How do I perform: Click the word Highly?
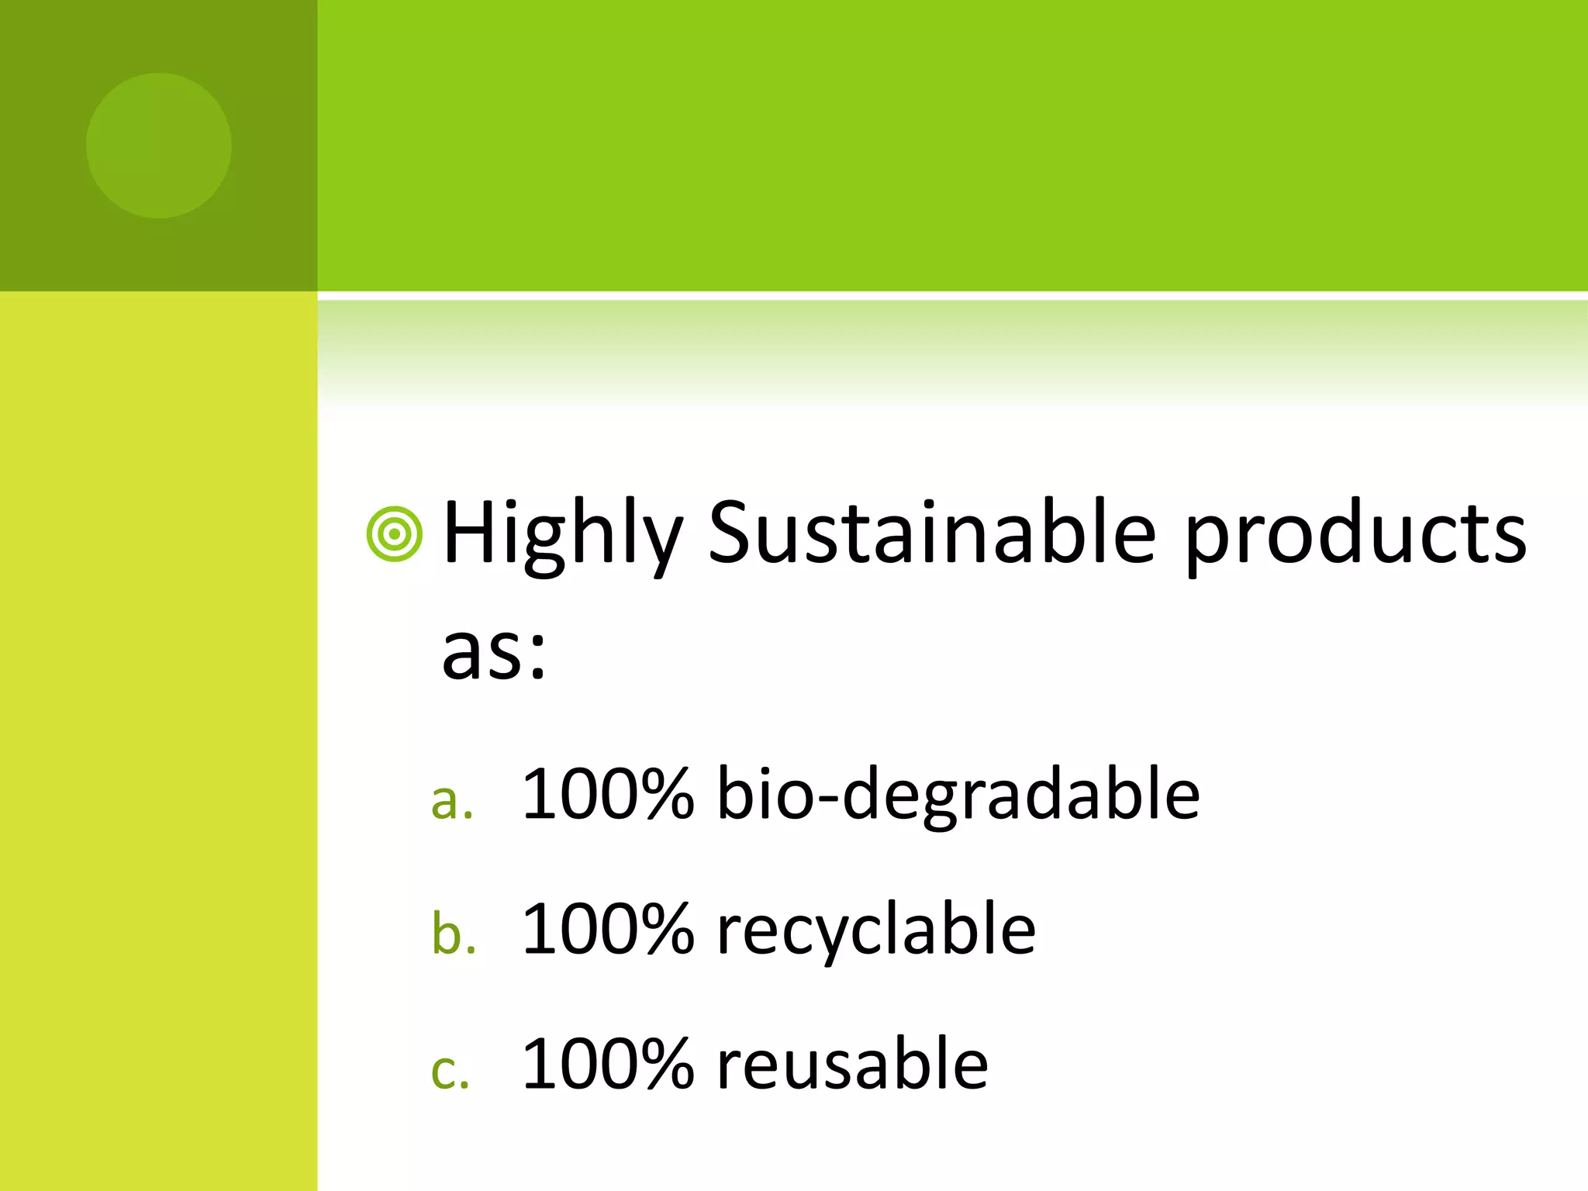pyautogui.click(x=562, y=535)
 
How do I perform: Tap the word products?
pyautogui.click(x=1356, y=535)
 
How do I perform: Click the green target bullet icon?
pyautogui.click(x=395, y=534)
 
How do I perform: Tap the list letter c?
pyautogui.click(x=450, y=1072)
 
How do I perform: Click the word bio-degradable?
pyautogui.click(x=958, y=794)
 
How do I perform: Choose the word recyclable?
pyautogui.click(x=876, y=930)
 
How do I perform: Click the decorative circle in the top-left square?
pyautogui.click(x=159, y=146)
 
